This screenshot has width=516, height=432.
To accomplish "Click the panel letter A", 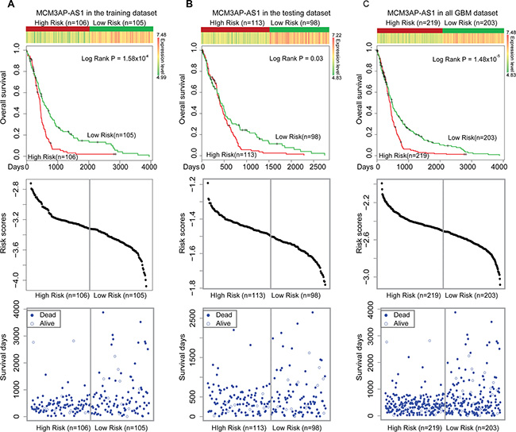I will (x=6, y=6).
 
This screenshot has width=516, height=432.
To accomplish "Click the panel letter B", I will (x=179, y=6).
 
